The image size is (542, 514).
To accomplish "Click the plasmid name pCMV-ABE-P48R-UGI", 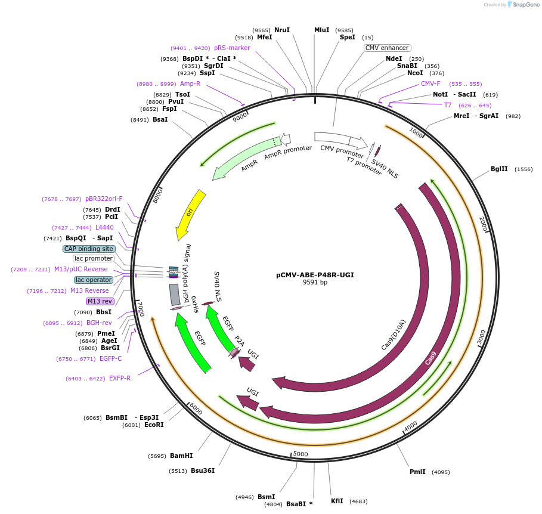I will [x=315, y=275].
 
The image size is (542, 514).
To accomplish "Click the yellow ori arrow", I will [x=191, y=213].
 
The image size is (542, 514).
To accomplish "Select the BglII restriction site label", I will [x=499, y=169].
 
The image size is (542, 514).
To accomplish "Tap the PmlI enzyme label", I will [x=417, y=472].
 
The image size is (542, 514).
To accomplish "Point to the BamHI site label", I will [x=181, y=456].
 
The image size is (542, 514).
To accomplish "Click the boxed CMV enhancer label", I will [x=387, y=48].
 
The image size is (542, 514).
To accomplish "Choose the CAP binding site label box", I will [x=88, y=249].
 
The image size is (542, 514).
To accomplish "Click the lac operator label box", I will [x=93, y=280].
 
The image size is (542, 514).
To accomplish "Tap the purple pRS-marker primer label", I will [x=232, y=48].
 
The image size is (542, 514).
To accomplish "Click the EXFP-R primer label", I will [x=120, y=378].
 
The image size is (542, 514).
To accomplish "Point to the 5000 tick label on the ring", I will [x=301, y=454].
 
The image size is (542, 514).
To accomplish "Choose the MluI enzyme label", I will [x=321, y=30].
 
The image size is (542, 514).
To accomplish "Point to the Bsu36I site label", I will [x=203, y=470].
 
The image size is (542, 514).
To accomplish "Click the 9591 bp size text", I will [x=315, y=283].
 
